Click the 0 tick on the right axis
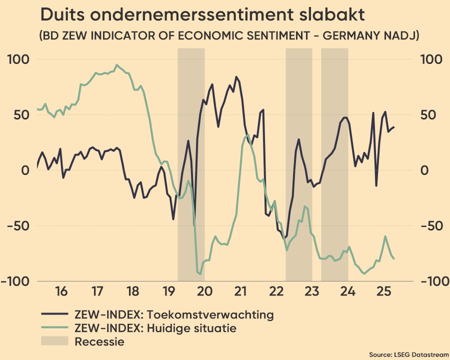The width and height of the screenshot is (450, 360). click(x=425, y=170)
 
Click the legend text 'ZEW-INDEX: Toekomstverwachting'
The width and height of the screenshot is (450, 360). click(x=173, y=314)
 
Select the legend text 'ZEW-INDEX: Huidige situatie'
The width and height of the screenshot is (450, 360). click(x=155, y=328)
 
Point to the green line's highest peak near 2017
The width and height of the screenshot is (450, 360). click(x=117, y=64)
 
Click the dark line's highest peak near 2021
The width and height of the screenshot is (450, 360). click(x=236, y=77)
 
